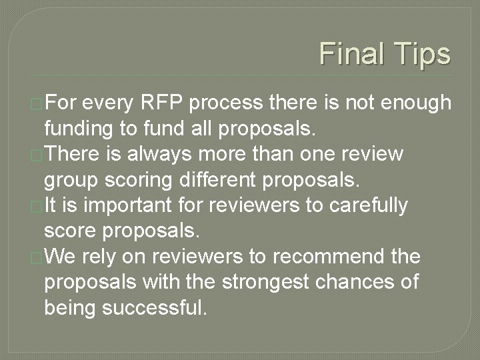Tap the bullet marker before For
coord(37,104)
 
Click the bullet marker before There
coord(37,155)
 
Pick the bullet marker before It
coord(37,205)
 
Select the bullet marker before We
coord(37,256)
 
